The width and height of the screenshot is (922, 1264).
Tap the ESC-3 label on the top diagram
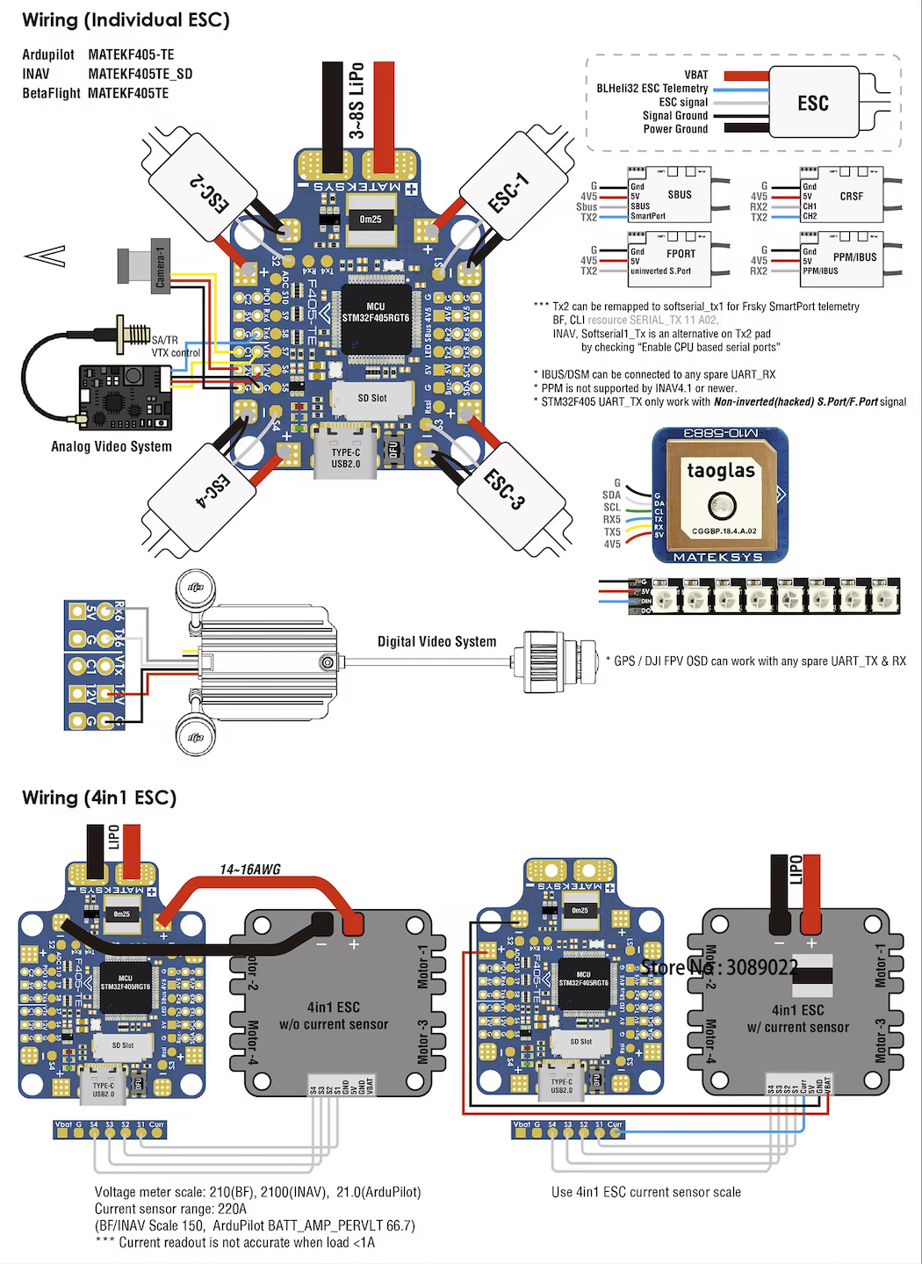pos(504,488)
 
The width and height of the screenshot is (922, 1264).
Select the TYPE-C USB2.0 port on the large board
pos(346,458)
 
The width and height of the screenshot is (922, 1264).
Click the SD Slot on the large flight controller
pos(372,398)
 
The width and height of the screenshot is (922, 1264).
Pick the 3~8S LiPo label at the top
pos(357,100)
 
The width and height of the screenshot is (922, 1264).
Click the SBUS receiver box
pos(679,195)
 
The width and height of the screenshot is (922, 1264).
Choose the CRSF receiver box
pos(851,196)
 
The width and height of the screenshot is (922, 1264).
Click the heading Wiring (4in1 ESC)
pos(99,798)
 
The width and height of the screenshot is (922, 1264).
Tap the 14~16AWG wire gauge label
pos(250,870)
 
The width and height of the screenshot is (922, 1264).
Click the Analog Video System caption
pos(112,446)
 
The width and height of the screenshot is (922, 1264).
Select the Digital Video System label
pos(436,642)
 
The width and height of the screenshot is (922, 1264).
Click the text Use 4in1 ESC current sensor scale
pos(646,1192)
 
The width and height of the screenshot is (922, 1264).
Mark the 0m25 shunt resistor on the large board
pos(371,220)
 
